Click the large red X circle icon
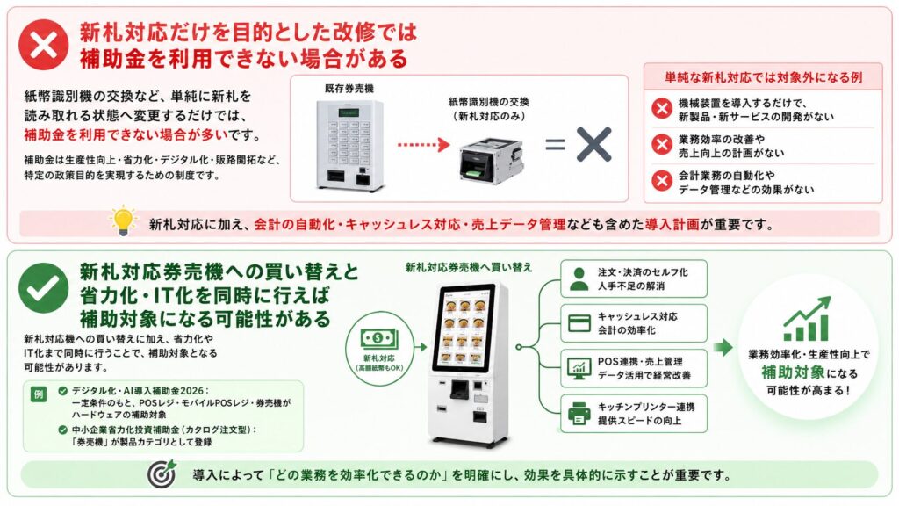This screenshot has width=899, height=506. [44, 45]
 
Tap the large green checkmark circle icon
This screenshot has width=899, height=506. [44, 287]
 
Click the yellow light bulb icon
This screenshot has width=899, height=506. [123, 220]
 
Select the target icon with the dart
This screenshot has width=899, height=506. [162, 473]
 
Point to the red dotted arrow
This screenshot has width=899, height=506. [424, 145]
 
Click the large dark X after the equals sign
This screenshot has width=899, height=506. [593, 144]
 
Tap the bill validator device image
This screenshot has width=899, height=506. [491, 160]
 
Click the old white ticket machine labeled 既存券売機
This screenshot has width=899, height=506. [349, 145]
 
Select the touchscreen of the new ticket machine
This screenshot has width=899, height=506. [464, 327]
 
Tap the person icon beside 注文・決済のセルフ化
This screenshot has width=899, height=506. [579, 278]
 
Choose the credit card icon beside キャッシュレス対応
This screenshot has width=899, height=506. [579, 323]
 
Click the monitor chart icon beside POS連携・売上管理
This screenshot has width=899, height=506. [579, 368]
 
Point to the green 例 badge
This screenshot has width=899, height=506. [39, 394]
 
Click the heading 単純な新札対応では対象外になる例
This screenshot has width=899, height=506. [763, 77]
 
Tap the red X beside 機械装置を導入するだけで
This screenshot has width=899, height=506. [662, 108]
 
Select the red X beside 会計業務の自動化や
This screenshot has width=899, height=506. [662, 181]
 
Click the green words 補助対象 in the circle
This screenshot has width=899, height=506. [793, 372]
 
